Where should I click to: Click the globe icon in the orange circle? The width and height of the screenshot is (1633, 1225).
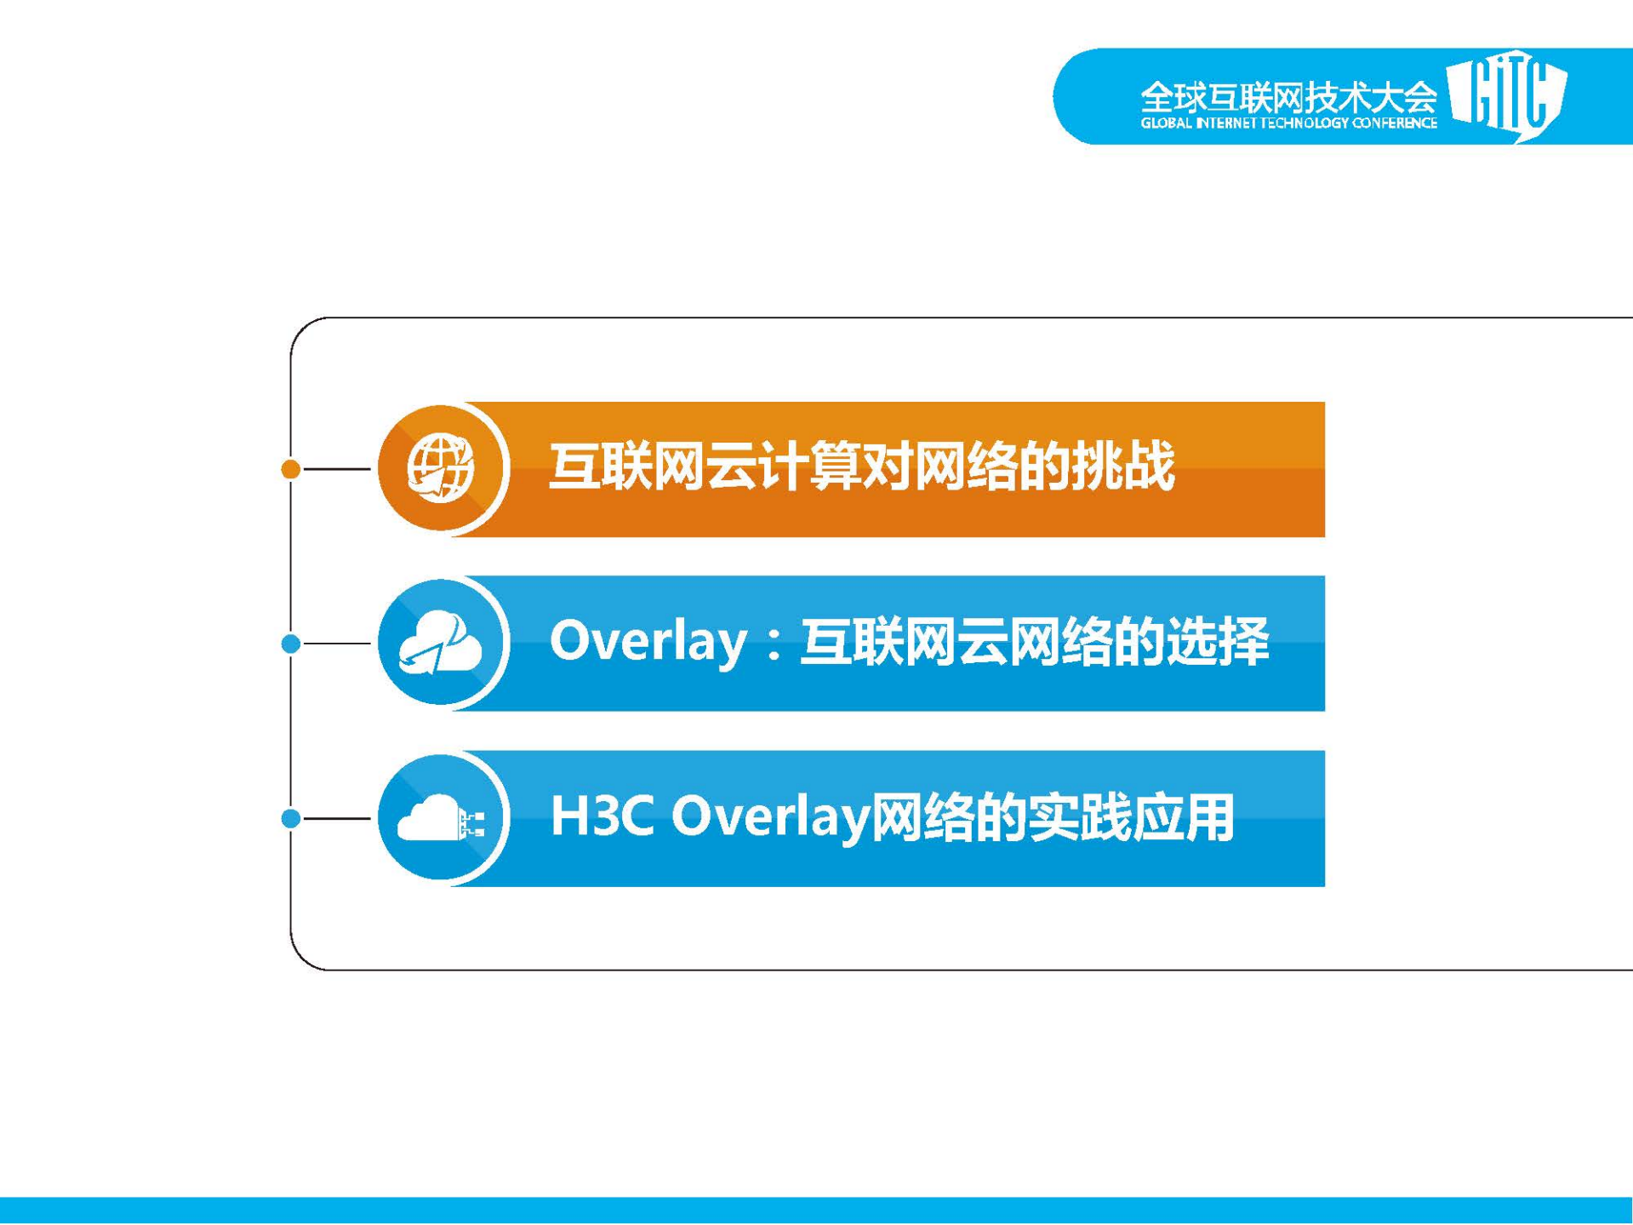pos(440,468)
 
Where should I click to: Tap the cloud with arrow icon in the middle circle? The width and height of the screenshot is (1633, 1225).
pos(440,644)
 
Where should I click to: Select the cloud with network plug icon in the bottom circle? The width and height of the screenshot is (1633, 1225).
pos(440,819)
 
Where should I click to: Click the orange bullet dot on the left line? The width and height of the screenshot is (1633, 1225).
pos(290,469)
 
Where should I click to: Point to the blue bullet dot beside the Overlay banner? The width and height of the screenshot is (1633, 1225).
pos(290,644)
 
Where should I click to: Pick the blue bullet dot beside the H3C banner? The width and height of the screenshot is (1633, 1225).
pos(290,819)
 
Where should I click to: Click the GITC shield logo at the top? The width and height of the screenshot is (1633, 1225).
pos(1508,94)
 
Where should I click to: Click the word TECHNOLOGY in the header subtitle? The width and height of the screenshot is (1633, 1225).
pos(1309,123)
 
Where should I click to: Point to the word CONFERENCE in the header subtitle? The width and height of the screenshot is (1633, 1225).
pos(1396,123)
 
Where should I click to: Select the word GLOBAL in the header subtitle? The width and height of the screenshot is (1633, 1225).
pos(1167,123)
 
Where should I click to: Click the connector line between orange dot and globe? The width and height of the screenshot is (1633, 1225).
pos(337,469)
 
